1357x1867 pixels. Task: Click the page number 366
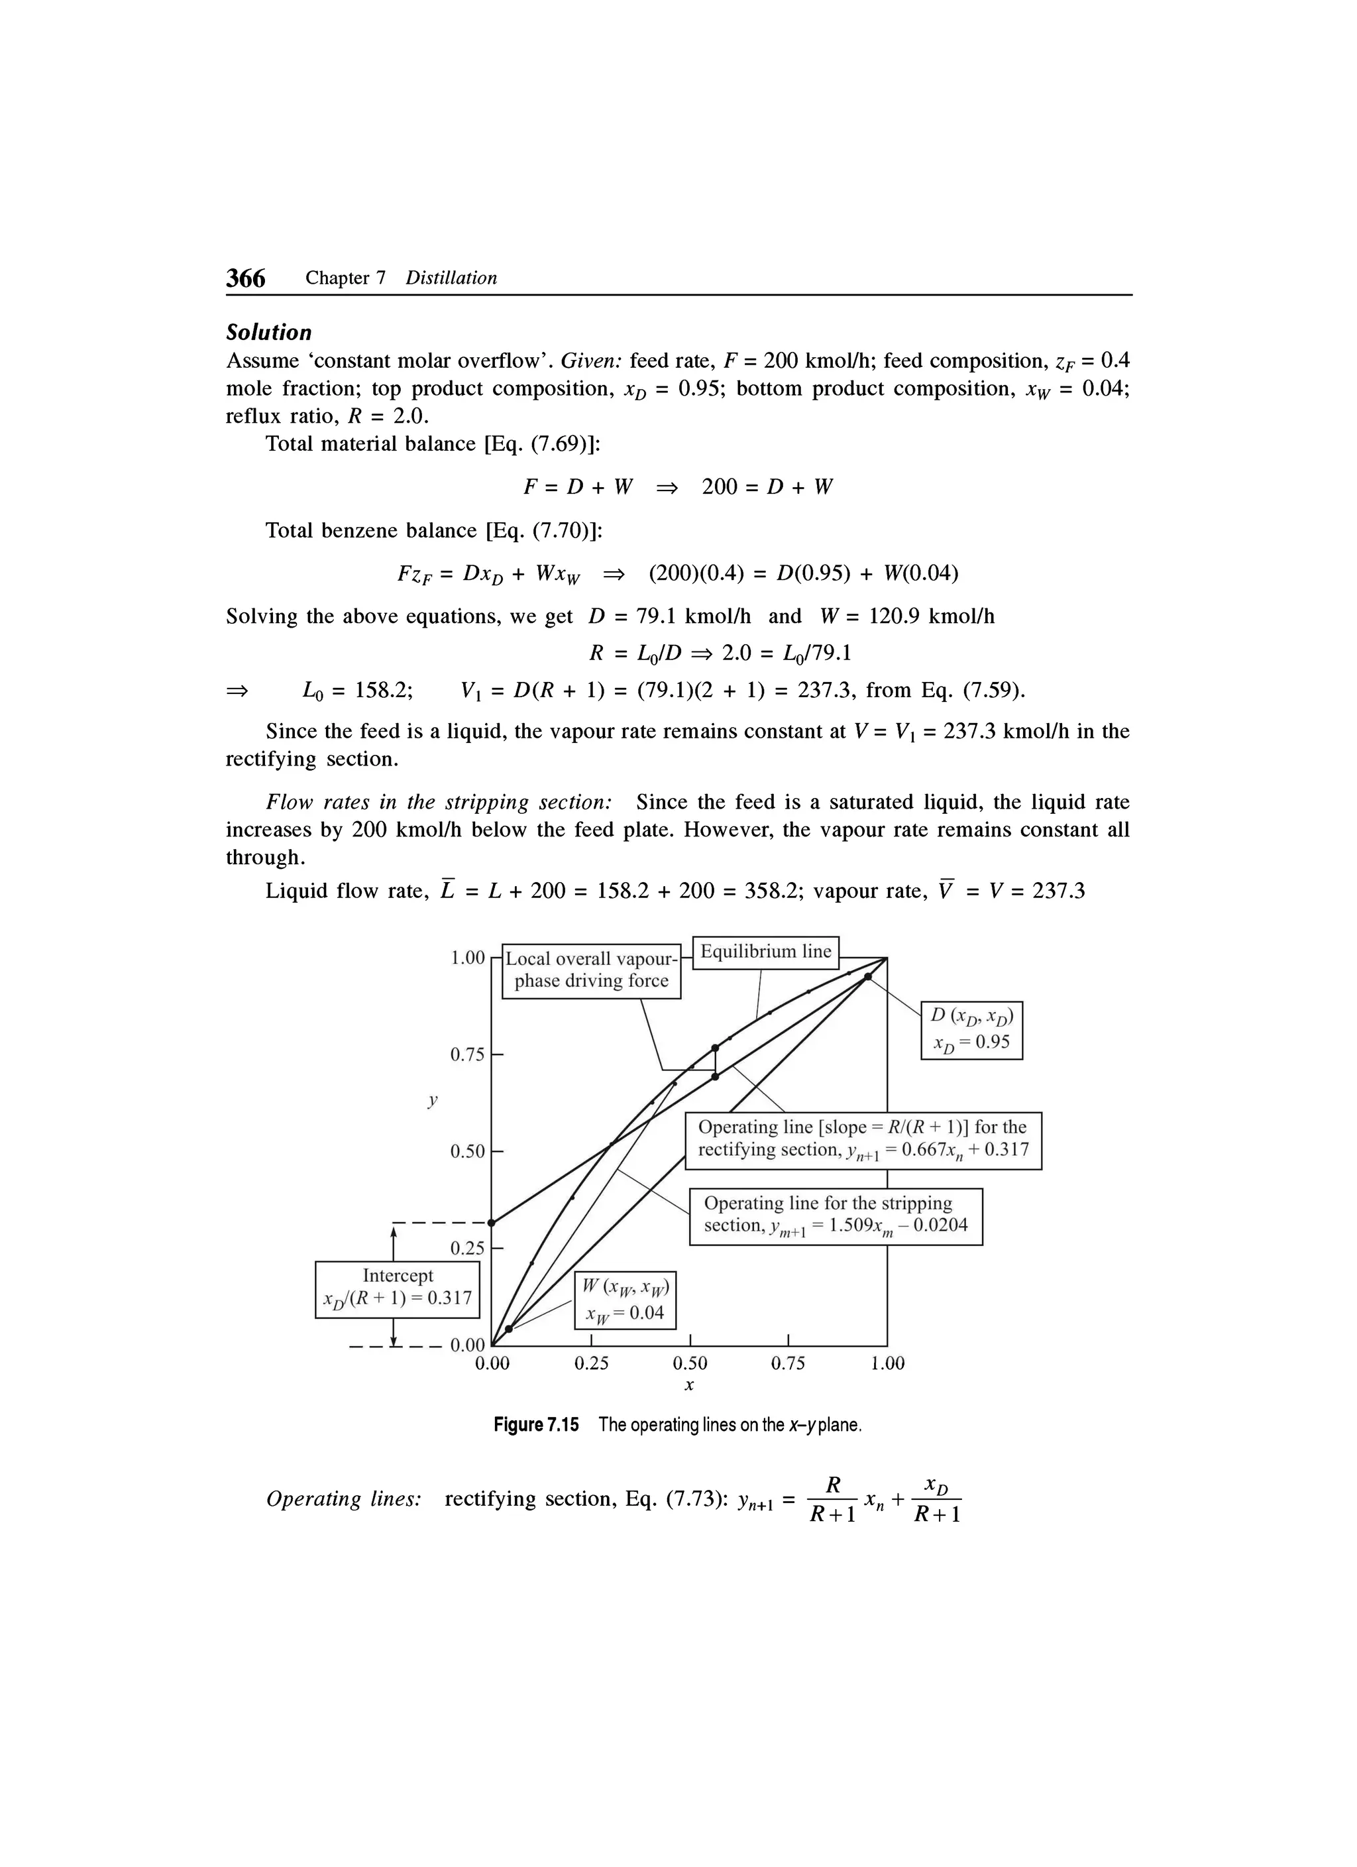pos(246,278)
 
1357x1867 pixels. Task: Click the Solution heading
pos(269,333)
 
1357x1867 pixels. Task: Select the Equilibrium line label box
pos(765,952)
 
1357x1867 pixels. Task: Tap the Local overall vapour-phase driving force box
pos(591,970)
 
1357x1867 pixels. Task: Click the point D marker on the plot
pos(868,977)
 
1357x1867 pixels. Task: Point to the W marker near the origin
pos(509,1329)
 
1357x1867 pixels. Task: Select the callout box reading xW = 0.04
pos(625,1300)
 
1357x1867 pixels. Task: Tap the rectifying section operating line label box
pos(863,1139)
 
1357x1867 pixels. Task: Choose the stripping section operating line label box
pos(836,1215)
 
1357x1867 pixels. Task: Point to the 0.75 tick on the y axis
pos(496,1054)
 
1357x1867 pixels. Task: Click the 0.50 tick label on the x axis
pos(690,1363)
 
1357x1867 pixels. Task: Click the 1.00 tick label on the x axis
pos(887,1363)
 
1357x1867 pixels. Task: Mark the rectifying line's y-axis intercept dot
pos(491,1222)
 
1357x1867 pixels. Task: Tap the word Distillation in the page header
pos(451,278)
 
